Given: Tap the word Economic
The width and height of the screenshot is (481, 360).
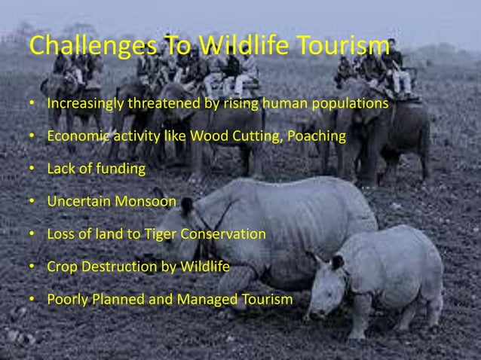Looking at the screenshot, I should pyautogui.click(x=75, y=136).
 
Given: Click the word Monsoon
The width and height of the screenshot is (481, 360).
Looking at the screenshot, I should pyautogui.click(x=148, y=202).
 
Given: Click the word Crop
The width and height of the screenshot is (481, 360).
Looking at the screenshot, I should pyautogui.click(x=62, y=267).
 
